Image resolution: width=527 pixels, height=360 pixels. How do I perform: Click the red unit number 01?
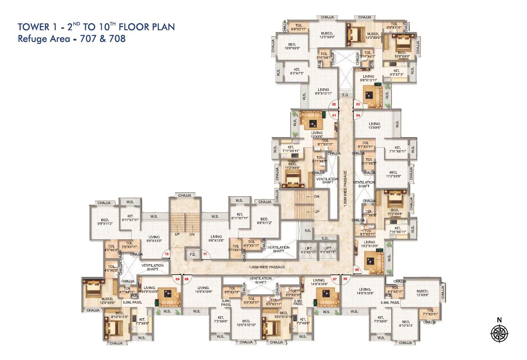[334, 115]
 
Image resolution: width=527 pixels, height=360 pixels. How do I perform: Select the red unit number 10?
[167, 254]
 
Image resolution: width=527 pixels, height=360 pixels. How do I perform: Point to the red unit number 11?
[205, 254]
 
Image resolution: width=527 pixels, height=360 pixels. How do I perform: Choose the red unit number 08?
[186, 279]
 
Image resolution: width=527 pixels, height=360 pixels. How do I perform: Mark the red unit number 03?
[358, 104]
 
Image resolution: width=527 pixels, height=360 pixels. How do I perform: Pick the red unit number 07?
[335, 279]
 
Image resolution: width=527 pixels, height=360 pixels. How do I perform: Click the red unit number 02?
[333, 104]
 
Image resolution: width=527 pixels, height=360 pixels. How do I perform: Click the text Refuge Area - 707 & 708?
[72, 39]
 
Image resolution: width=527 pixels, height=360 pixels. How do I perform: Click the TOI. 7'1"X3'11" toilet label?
[430, 313]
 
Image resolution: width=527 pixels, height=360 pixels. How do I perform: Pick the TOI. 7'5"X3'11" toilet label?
[130, 245]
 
